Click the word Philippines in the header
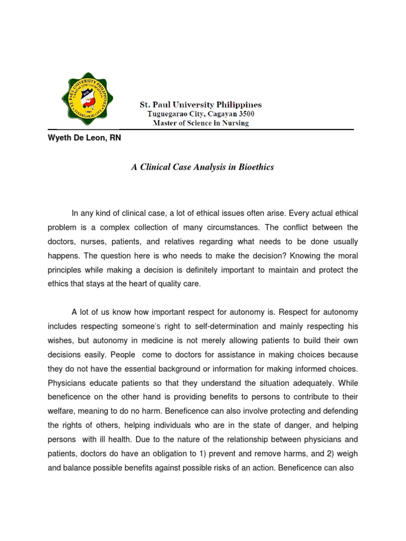234,105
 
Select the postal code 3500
251,114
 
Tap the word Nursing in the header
235,123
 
